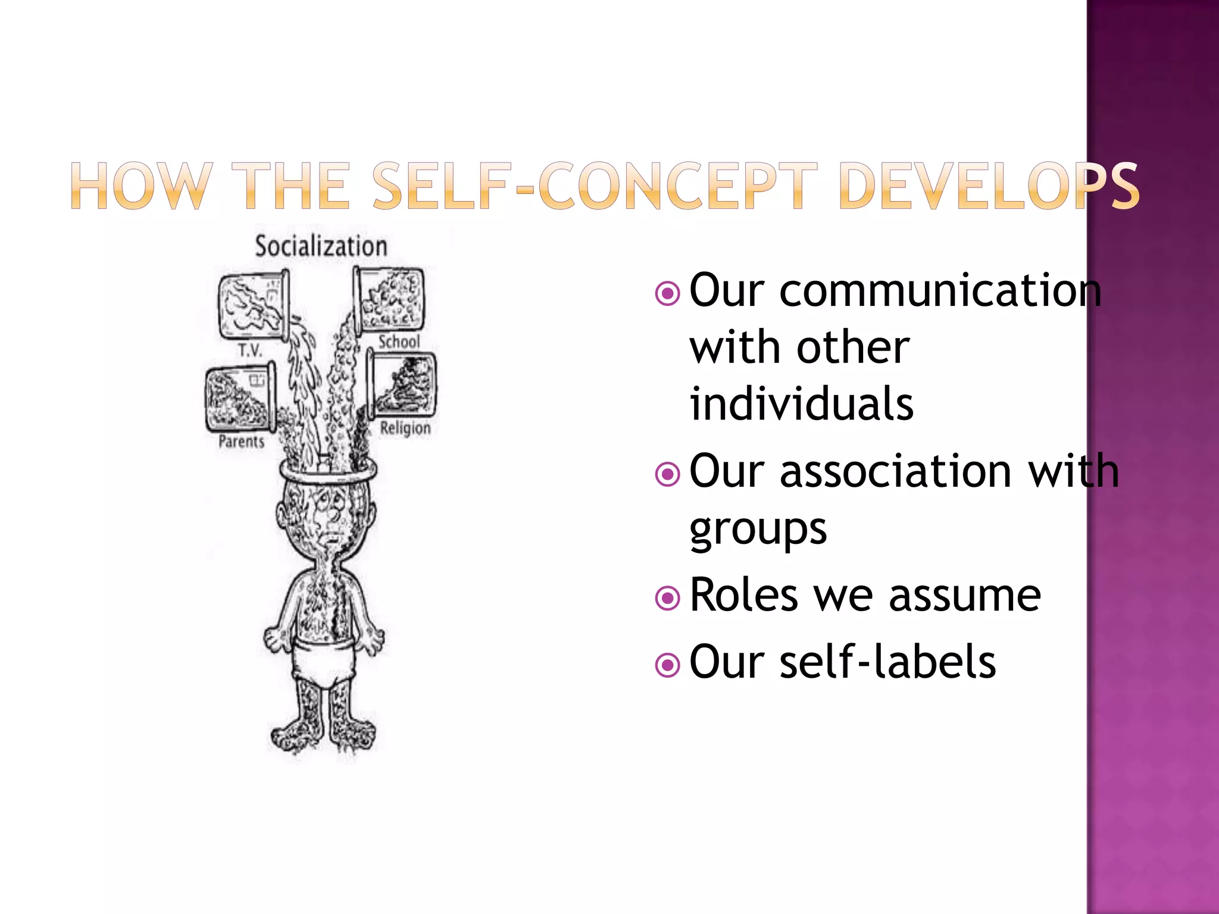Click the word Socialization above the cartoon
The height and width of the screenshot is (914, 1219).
pos(321,246)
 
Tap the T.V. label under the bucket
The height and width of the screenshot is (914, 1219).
pos(250,350)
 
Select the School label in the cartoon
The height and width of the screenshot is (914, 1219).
pos(399,342)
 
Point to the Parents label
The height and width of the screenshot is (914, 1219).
pos(241,442)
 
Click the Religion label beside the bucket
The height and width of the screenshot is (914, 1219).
pos(405,428)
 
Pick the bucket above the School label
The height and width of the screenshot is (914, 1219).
pos(389,299)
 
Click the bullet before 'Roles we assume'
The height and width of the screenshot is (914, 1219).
pos(667,598)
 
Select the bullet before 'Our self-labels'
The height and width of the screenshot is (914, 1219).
pos(667,665)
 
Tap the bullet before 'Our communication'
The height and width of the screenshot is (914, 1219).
pos(667,293)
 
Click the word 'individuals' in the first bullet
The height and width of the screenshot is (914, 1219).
pos(801,403)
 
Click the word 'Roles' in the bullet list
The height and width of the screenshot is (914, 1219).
pos(743,595)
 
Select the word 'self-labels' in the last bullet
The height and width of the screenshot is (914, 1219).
pos(887,662)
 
